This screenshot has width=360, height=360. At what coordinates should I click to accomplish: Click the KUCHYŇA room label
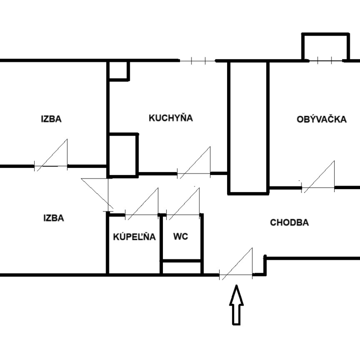tap(171, 118)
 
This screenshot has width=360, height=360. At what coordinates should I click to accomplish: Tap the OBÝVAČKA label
tap(321, 119)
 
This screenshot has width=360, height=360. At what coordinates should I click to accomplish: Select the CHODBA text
tap(289, 222)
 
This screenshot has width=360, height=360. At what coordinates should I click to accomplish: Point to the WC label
tap(180, 236)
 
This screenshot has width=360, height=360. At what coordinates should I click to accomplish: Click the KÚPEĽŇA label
tap(134, 236)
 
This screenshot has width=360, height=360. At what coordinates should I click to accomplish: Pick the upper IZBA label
tap(51, 119)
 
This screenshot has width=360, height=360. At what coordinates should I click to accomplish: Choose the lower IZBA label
tap(54, 218)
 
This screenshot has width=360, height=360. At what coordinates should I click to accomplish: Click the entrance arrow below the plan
tap(236, 305)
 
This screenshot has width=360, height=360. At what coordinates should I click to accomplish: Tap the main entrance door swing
tap(236, 264)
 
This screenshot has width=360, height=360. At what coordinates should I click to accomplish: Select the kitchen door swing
tap(194, 163)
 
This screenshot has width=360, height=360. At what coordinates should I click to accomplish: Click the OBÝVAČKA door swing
tap(318, 177)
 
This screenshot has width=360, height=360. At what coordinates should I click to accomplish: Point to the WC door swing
tap(183, 204)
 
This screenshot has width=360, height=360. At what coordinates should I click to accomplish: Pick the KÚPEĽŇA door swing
tap(142, 204)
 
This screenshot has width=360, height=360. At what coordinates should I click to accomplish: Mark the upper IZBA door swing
tap(51, 155)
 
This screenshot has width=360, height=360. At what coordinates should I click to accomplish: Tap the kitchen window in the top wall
tap(198, 61)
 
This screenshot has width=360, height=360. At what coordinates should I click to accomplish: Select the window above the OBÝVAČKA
tap(325, 60)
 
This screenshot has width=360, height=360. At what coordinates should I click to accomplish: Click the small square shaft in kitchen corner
tap(118, 71)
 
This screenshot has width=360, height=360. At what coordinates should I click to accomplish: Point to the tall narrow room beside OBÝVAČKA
tap(248, 128)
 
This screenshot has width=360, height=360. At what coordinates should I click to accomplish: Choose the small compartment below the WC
tap(181, 268)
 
